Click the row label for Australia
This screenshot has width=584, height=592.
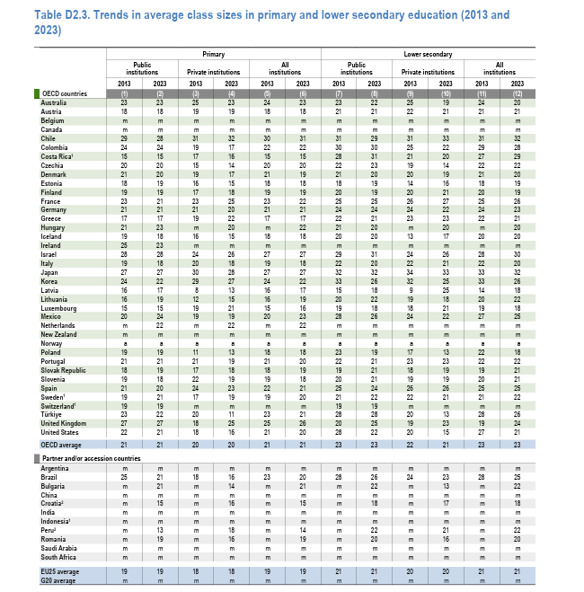pos(56,102)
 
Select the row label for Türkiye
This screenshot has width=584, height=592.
pos(52,414)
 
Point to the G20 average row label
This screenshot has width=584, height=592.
pos(59,579)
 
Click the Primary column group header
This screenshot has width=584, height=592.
pos(213,55)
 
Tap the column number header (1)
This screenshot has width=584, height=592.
pos(125,93)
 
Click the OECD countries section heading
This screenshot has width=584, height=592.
pos(66,93)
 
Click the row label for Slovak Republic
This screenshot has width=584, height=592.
pos(63,369)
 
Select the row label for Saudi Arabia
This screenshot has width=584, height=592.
pos(60,547)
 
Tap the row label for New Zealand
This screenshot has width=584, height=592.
pos(60,334)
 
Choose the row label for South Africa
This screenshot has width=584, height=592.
pos(59,556)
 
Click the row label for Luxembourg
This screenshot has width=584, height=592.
pos(59,307)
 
